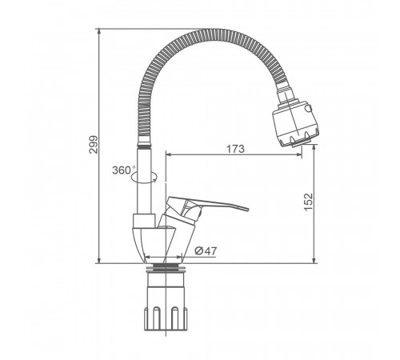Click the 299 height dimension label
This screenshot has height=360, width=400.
tap(94, 145)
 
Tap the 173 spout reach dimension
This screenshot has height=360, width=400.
tap(235, 149)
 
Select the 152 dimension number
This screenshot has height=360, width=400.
tap(308, 202)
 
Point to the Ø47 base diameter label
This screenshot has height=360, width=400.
tap(206, 250)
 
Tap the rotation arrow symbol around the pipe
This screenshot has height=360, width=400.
tap(144, 177)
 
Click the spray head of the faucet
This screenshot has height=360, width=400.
tap(295, 123)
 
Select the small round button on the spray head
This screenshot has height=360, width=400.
tap(309, 109)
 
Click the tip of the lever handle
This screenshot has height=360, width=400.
tap(247, 209)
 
